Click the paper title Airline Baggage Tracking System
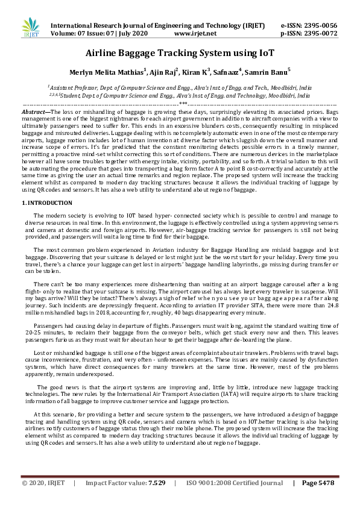tap(180, 53)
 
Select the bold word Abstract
tap(35, 112)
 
